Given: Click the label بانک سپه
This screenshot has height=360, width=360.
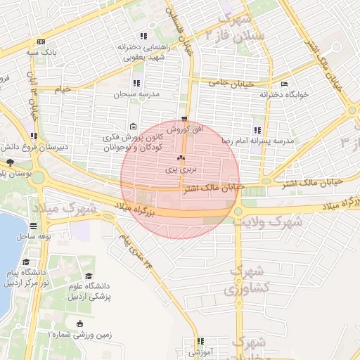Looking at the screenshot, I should point(40,52).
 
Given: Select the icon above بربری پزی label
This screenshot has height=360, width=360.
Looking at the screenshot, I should point(181,158).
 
